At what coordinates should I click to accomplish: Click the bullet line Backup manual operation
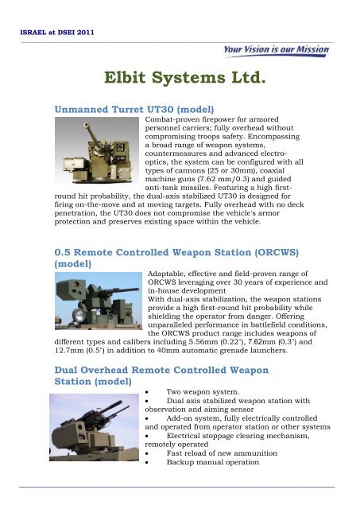tap(219, 482)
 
